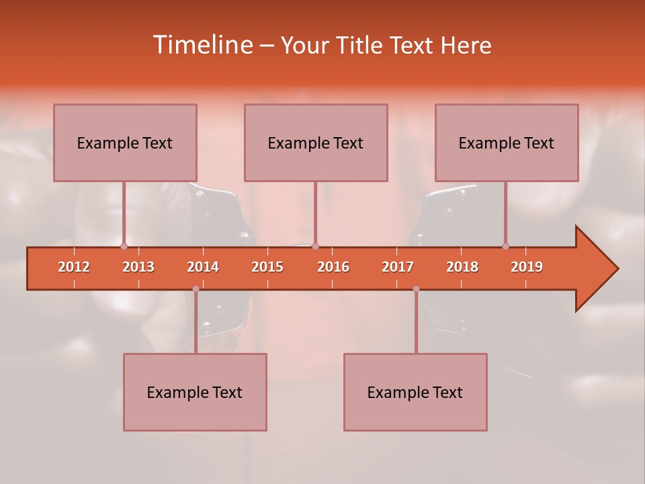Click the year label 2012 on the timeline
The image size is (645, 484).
click(x=74, y=267)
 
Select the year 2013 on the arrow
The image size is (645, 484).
click(x=138, y=267)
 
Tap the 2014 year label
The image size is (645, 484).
click(x=203, y=267)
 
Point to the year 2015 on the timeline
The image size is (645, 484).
click(x=267, y=267)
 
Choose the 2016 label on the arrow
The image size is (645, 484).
click(x=333, y=267)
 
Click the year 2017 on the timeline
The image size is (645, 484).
click(x=398, y=267)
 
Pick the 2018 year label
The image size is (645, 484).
click(x=462, y=267)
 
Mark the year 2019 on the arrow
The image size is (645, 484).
click(x=527, y=267)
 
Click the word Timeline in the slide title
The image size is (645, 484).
click(x=202, y=45)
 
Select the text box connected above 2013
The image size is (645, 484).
click(x=125, y=143)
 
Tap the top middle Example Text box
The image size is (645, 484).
click(x=316, y=143)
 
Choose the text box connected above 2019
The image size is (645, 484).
click(x=507, y=143)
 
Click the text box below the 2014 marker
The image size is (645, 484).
click(x=195, y=392)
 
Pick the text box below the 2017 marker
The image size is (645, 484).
click(x=415, y=392)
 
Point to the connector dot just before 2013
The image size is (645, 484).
click(x=124, y=247)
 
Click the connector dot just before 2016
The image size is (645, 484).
click(x=316, y=247)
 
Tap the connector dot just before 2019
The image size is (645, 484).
click(x=506, y=247)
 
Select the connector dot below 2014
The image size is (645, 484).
click(x=196, y=289)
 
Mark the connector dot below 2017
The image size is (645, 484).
click(x=416, y=289)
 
